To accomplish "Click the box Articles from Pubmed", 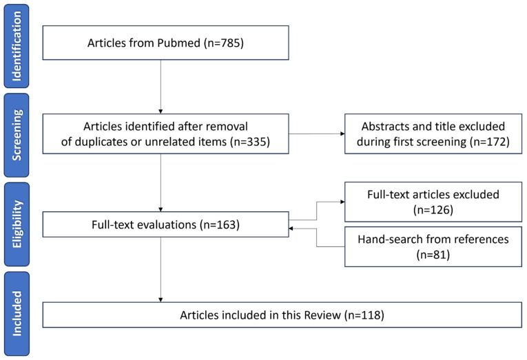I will [x=161, y=43].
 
